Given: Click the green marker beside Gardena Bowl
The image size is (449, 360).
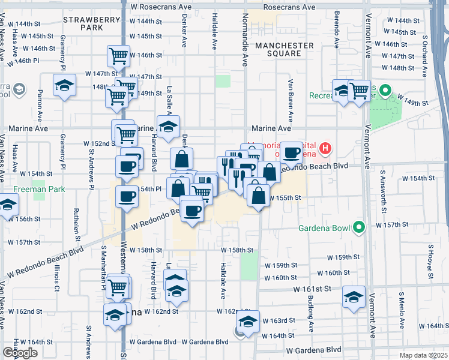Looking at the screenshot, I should point(359,227).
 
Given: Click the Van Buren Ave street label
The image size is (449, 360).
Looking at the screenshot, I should point(290,100).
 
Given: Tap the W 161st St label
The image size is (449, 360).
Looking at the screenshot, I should point(313,289).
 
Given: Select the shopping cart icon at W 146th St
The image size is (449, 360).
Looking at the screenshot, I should point(119,56).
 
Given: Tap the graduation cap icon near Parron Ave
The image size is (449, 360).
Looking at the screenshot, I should point(64,85).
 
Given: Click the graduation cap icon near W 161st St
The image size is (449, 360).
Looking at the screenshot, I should point(354,297).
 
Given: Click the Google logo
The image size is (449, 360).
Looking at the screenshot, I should point(20,352).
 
